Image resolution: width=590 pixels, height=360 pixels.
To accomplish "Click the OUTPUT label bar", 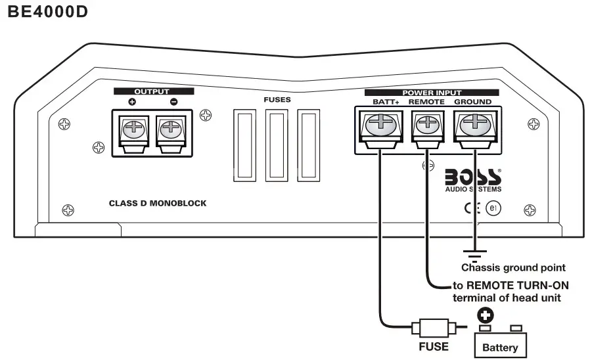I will click(152, 91).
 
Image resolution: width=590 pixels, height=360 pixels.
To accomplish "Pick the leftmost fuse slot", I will click(244, 146).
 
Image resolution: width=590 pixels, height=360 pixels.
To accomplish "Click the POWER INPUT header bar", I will click(432, 93).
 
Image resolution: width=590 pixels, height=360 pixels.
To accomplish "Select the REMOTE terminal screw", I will click(426, 124).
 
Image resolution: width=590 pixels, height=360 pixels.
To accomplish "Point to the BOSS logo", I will click(473, 178).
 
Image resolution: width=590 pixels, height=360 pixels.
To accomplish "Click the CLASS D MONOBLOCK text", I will click(158, 204).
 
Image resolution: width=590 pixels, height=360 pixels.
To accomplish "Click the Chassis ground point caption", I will click(513, 267).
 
